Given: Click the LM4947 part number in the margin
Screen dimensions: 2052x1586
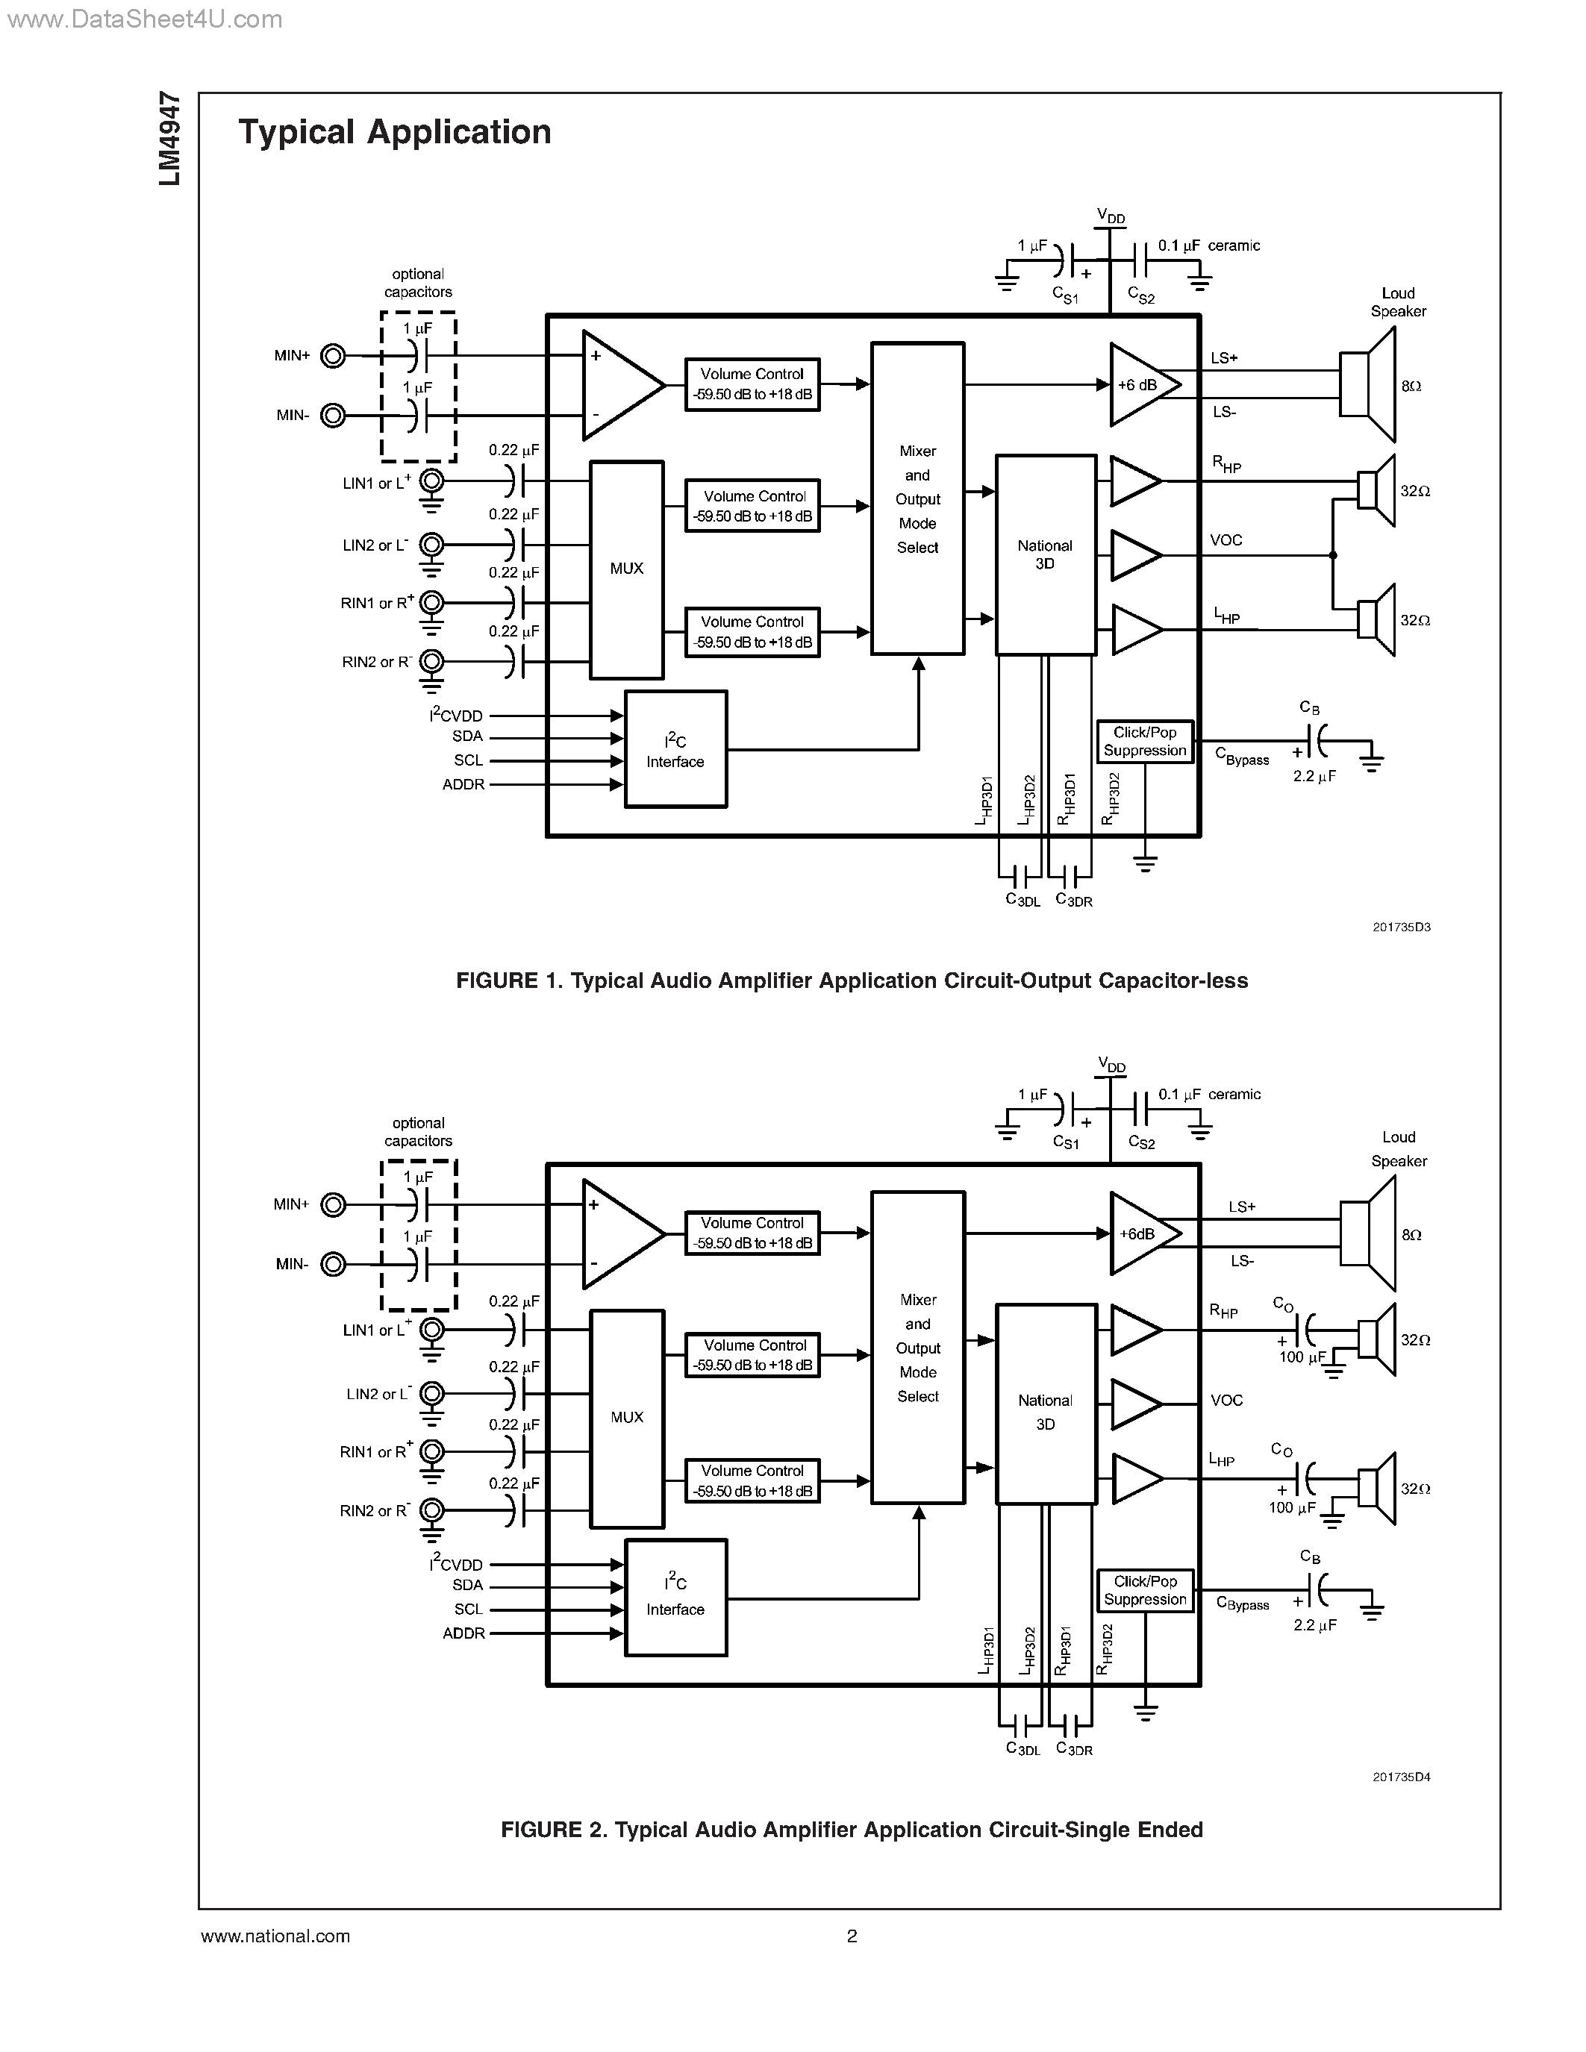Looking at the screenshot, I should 170,138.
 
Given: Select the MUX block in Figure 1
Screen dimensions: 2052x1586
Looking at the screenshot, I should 627,569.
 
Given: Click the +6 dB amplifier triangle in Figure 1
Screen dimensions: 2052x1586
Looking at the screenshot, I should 1139,385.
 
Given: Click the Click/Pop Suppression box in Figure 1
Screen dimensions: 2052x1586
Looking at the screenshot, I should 1144,741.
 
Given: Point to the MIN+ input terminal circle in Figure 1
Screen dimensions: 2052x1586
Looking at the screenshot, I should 333,356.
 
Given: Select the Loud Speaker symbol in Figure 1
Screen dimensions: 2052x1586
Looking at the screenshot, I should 1367,385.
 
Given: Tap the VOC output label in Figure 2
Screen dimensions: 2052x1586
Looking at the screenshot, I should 1226,1400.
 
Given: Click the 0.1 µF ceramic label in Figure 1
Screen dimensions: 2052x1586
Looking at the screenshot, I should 1208,246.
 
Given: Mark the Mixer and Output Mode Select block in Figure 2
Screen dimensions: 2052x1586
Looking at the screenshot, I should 918,1348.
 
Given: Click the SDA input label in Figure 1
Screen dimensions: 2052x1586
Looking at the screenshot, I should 467,736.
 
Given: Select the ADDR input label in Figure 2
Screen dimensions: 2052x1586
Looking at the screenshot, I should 464,1633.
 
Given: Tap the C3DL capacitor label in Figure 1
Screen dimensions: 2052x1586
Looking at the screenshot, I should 1023,900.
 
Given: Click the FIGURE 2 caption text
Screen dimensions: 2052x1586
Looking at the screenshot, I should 852,1830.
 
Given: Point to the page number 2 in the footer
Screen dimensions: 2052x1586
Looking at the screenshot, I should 852,1936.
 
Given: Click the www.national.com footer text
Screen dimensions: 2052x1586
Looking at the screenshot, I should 275,1936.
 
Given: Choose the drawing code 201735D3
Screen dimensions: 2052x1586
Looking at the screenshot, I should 1401,928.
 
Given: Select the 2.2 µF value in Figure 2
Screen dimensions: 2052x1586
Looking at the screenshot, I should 1314,1625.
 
